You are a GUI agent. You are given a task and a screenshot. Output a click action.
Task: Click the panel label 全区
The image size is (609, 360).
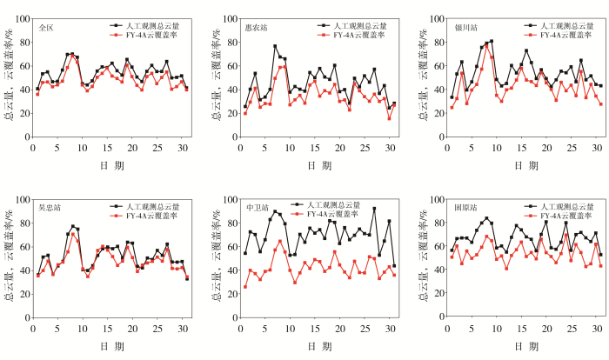(46, 28)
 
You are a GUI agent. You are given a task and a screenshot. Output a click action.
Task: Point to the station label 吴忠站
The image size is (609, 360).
(48, 209)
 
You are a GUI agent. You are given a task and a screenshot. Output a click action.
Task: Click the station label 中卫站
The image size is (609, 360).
(256, 209)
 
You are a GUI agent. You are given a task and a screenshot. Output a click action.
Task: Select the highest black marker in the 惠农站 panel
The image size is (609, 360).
(275, 47)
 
